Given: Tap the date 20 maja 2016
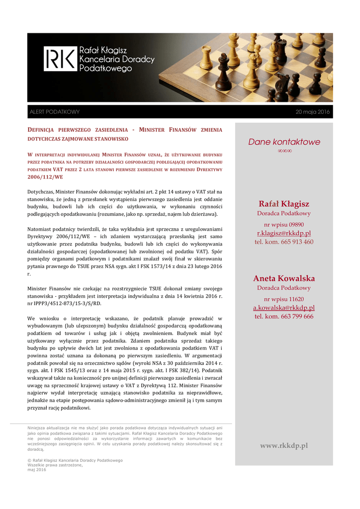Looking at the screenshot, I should [x=312, y=112].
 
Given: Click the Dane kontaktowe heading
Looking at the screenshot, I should [x=284, y=142].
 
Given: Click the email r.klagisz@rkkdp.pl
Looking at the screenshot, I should [x=284, y=233].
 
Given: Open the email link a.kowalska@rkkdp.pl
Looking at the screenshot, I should [x=284, y=308].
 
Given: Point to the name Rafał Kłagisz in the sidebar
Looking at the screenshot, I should [x=284, y=204].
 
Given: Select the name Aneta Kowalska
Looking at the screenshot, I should [x=284, y=278].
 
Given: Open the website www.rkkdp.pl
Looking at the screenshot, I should [x=284, y=445].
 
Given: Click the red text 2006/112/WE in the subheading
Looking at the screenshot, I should [x=45, y=177].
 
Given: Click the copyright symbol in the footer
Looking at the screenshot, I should [x=29, y=461].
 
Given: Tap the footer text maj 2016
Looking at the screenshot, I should [x=37, y=470].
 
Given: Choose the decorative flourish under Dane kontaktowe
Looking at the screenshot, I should [x=284, y=151].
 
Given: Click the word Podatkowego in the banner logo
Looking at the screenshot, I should [x=105, y=69].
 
